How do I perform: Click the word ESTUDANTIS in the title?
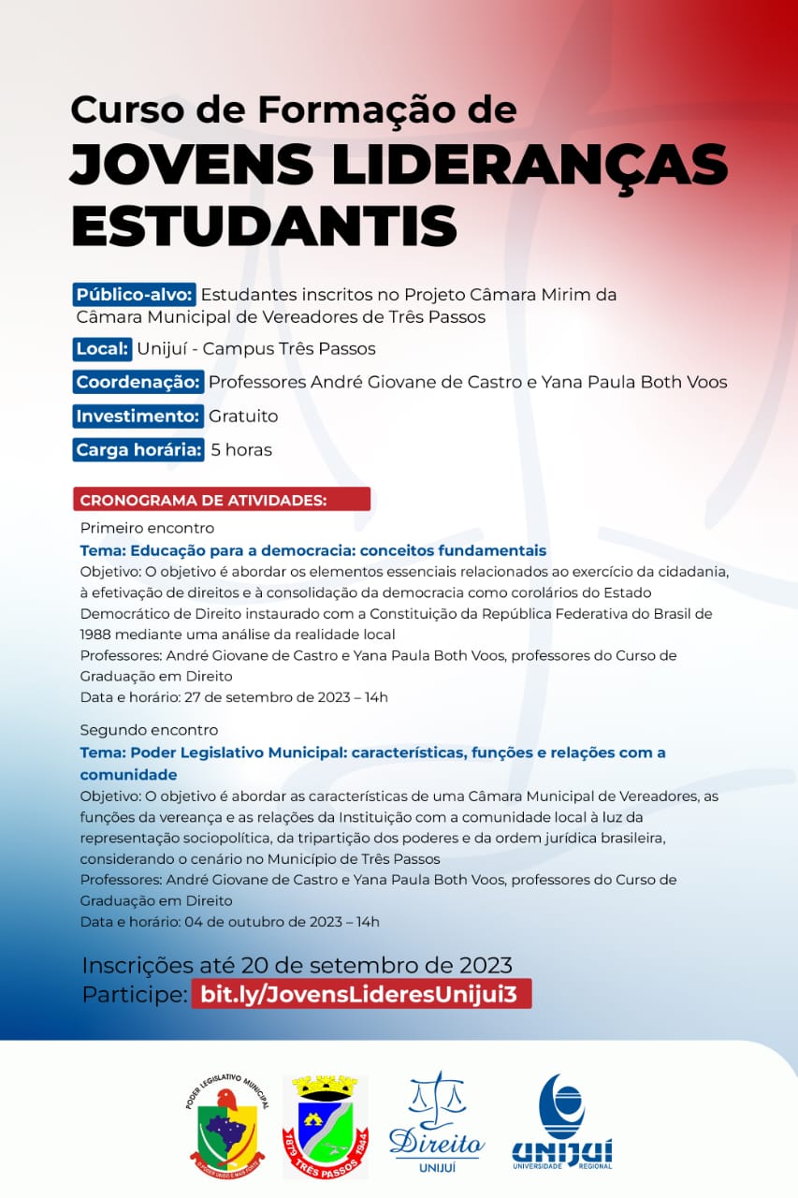click(x=264, y=225)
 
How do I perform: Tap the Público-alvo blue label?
click(x=135, y=295)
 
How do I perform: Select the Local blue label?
click(x=103, y=349)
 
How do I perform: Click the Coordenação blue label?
click(x=138, y=382)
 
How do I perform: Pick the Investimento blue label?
click(x=138, y=416)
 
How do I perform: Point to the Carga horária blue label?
click(x=138, y=449)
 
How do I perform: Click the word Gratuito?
click(x=243, y=416)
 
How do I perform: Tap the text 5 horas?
click(x=241, y=449)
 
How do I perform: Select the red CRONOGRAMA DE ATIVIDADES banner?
click(x=222, y=500)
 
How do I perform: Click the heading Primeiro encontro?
click(x=147, y=528)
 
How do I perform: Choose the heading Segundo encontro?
click(x=149, y=730)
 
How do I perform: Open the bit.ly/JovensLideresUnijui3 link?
click(x=361, y=994)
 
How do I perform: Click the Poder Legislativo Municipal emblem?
click(x=227, y=1128)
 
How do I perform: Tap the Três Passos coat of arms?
click(x=325, y=1127)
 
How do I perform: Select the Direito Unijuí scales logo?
click(x=436, y=1121)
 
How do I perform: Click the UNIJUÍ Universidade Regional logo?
click(x=561, y=1121)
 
